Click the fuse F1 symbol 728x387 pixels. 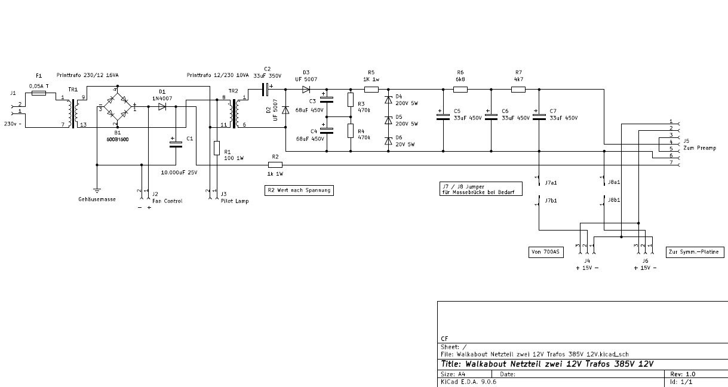tap(38, 94)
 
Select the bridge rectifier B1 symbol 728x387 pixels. tap(117, 107)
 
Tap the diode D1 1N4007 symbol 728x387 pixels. tap(162, 107)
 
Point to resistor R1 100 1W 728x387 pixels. tap(217, 148)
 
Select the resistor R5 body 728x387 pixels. tap(371, 90)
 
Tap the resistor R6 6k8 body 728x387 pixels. tap(460, 90)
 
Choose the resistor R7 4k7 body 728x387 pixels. tap(518, 90)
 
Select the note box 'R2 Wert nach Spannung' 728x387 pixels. tap(298, 191)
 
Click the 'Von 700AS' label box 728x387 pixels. tap(545, 253)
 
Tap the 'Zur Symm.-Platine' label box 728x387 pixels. tap(695, 253)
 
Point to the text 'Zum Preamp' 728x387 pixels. tap(699, 148)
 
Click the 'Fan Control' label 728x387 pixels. tap(167, 201)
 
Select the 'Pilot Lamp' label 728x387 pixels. tap(234, 201)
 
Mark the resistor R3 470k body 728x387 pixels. tap(350, 100)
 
